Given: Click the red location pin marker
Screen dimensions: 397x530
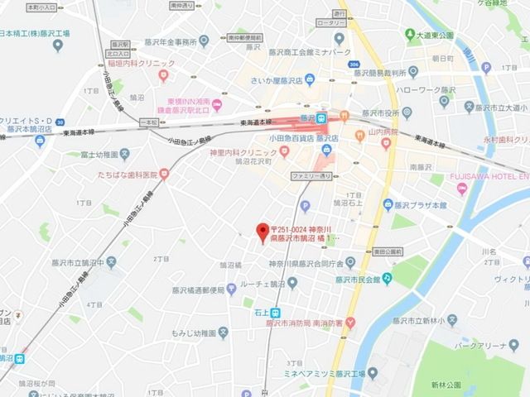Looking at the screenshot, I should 262,229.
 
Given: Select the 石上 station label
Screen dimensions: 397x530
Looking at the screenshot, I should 260,313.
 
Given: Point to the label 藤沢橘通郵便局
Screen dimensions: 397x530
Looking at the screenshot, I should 198,289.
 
